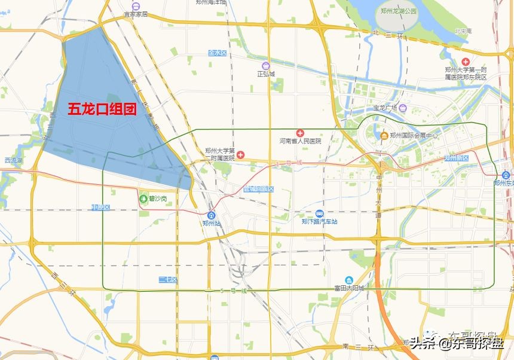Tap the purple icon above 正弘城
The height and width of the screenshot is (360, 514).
click(x=265, y=66)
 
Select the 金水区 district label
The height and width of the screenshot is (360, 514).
click(x=217, y=53)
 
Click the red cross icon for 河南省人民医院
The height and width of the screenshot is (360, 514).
click(x=300, y=133)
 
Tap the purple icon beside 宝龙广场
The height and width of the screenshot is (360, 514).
click(x=403, y=108)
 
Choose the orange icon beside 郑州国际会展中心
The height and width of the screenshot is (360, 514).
click(x=384, y=136)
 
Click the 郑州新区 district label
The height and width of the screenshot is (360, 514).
click(x=456, y=158)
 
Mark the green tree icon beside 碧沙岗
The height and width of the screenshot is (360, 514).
click(x=143, y=198)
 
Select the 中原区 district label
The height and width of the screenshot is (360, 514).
click(x=101, y=208)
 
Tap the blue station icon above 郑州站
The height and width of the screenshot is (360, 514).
click(x=212, y=215)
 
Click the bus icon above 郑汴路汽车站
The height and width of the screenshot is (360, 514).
click(x=319, y=213)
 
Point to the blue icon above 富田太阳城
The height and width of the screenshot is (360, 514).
click(x=349, y=280)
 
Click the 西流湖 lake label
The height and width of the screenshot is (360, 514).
click(x=13, y=160)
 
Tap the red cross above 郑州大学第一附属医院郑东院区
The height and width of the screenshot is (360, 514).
click(x=466, y=62)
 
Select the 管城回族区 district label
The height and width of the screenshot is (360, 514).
click(x=258, y=189)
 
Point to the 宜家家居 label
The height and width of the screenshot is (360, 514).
click(x=136, y=13)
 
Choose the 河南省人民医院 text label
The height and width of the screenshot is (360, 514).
click(x=300, y=141)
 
